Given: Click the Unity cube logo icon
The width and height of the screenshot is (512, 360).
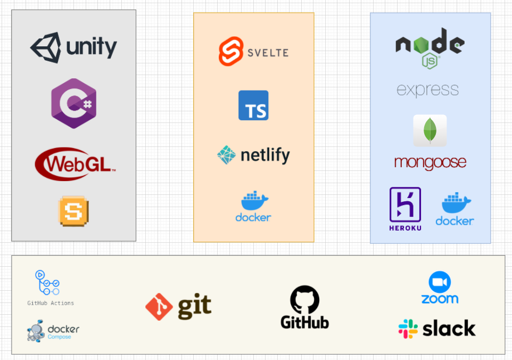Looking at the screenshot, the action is pyautogui.click(x=45, y=48).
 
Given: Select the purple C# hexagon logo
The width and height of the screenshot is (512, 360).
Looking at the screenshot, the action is pyautogui.click(x=73, y=103).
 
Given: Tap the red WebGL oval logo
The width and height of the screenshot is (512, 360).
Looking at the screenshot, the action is pyautogui.click(x=75, y=163).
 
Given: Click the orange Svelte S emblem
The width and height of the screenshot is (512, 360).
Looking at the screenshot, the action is pyautogui.click(x=231, y=51).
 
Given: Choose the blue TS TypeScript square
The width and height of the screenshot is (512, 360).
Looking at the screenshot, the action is pyautogui.click(x=253, y=105).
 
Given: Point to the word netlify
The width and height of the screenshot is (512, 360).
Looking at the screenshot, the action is pyautogui.click(x=265, y=156).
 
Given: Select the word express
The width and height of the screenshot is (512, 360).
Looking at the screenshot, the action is pyautogui.click(x=427, y=89).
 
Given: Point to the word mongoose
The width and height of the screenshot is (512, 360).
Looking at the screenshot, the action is pyautogui.click(x=430, y=162).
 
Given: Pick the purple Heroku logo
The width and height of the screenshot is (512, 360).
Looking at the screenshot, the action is pyautogui.click(x=405, y=205).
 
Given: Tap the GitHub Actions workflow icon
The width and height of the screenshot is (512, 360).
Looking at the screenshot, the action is pyautogui.click(x=47, y=283).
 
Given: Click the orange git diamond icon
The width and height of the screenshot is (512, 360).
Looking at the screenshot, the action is pyautogui.click(x=159, y=307).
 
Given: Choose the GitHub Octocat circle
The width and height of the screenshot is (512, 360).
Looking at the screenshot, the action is pyautogui.click(x=304, y=299).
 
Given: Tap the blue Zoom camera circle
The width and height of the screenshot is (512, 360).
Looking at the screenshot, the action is pyautogui.click(x=440, y=282).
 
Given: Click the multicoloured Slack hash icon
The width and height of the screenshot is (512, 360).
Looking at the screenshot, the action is pyautogui.click(x=408, y=329).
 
